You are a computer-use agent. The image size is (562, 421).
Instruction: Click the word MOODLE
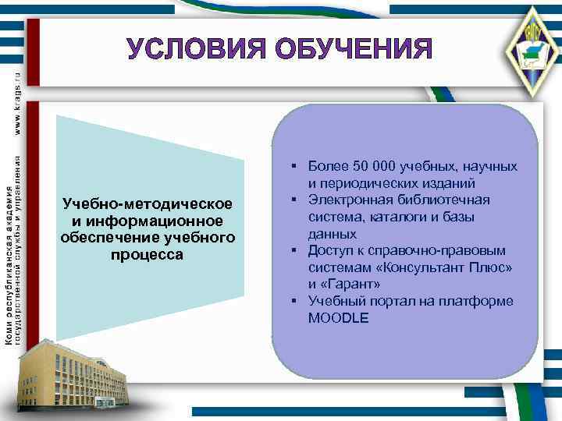point(338,318)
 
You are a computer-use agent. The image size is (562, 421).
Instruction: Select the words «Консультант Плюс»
point(443,267)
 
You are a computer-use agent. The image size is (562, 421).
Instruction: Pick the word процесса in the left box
point(148,254)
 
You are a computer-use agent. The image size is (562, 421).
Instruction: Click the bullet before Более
point(290,167)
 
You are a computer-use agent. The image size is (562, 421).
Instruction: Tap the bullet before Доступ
point(290,251)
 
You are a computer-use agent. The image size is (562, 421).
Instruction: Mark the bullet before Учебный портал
point(290,302)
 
